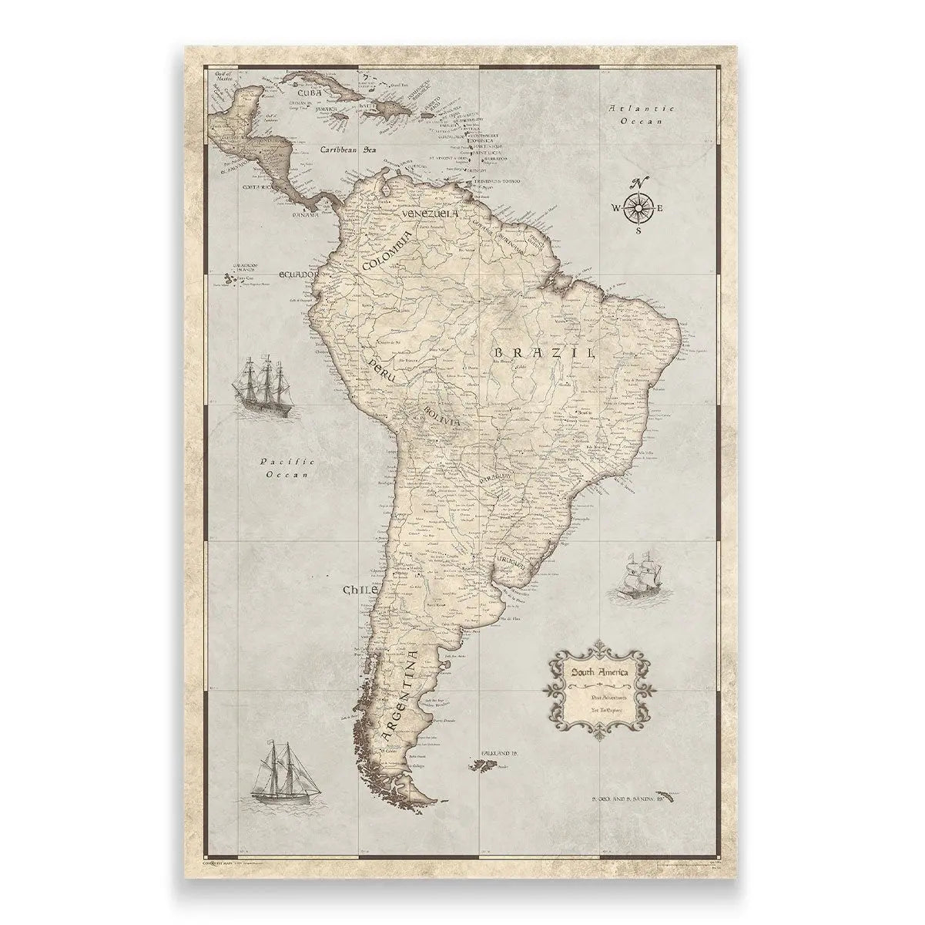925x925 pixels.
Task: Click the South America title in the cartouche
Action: pos(599,673)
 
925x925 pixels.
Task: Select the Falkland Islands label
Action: pos(494,751)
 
